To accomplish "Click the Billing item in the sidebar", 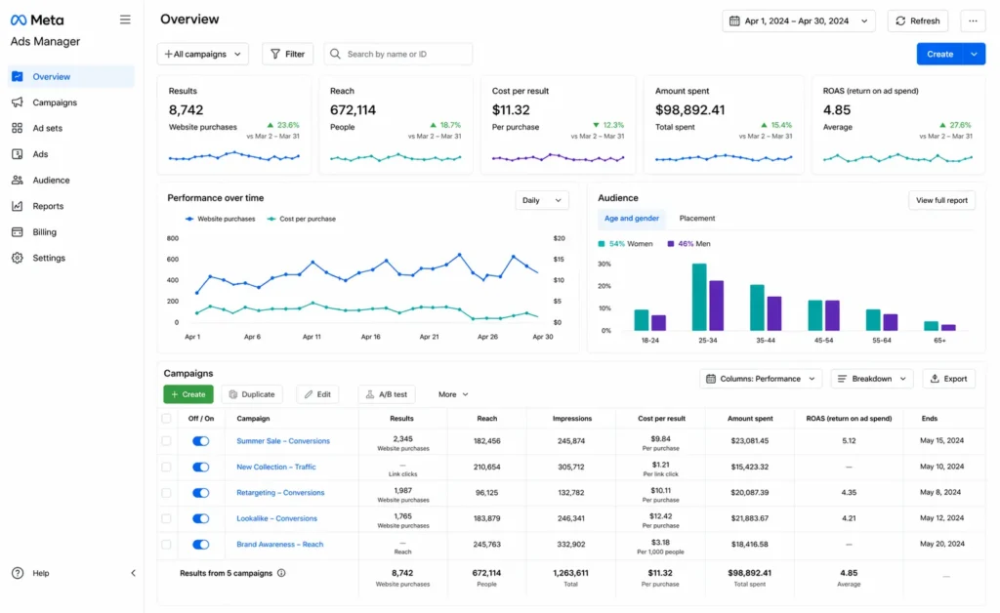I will click(x=44, y=232).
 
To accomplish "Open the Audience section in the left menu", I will click(x=51, y=180).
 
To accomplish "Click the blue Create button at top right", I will click(x=939, y=54).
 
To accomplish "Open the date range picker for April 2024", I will click(x=800, y=20).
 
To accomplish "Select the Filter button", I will click(x=287, y=54).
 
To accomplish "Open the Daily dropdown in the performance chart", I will click(x=541, y=200).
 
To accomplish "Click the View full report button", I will click(x=941, y=200).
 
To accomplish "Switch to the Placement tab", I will click(x=697, y=219).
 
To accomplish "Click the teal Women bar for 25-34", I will click(x=699, y=297).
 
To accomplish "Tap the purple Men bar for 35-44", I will click(x=773, y=313).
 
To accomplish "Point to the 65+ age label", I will click(x=938, y=342).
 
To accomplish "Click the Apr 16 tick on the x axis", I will click(x=370, y=336).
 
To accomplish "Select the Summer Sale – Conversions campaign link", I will click(x=283, y=441).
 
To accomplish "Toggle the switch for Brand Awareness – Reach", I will click(x=200, y=545).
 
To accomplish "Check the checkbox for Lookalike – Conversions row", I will click(x=166, y=518).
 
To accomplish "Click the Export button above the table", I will click(x=948, y=379).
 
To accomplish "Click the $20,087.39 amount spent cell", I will click(x=749, y=493).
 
